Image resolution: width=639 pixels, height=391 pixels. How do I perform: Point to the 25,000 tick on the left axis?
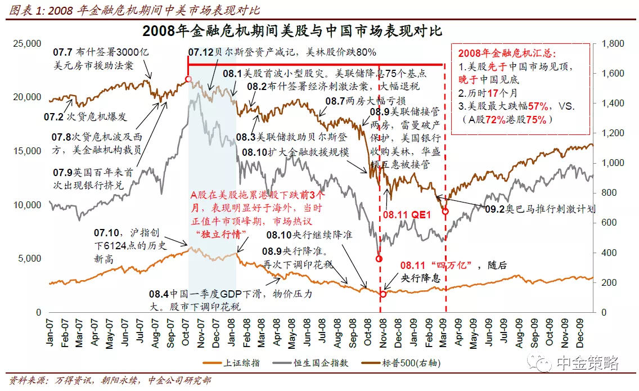27,43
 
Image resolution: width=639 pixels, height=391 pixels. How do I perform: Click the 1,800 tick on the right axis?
613,43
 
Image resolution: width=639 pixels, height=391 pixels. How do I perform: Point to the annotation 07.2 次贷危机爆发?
85,117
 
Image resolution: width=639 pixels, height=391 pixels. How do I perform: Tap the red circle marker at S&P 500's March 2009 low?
445,212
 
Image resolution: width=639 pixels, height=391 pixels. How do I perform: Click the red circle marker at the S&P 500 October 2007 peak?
188,79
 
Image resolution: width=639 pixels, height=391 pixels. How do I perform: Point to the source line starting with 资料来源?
110,380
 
